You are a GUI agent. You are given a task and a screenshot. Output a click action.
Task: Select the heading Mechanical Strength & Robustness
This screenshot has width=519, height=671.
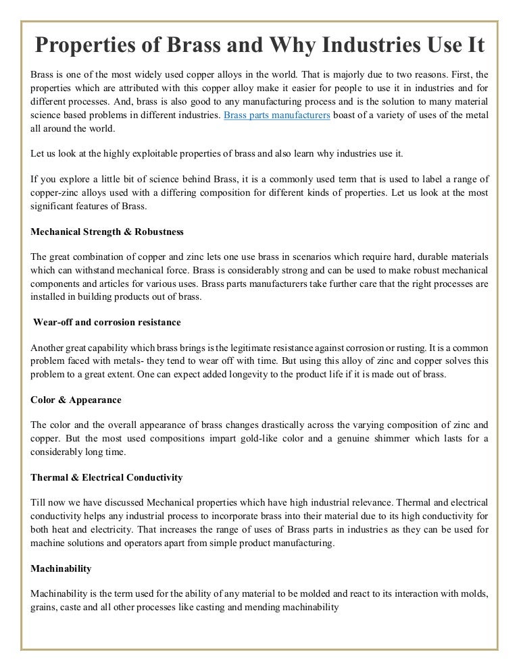[x=107, y=232]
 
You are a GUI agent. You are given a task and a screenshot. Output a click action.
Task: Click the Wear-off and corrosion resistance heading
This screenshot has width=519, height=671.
[x=107, y=323]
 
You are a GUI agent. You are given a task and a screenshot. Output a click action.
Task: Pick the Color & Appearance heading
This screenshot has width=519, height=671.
[x=76, y=400]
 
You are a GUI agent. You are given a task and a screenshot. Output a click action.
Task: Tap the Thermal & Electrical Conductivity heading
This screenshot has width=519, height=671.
[x=107, y=477]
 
